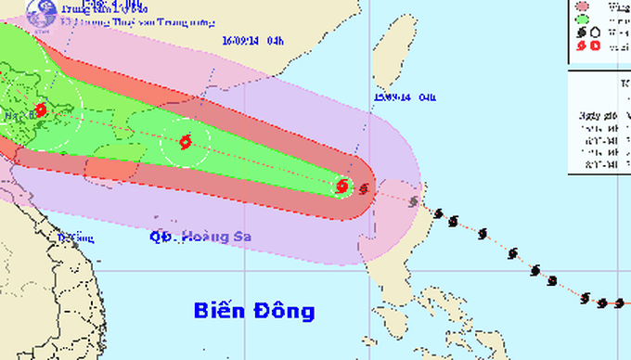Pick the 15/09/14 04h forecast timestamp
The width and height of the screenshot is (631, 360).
(397, 96)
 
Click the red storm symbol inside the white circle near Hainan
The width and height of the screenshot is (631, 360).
(185, 143)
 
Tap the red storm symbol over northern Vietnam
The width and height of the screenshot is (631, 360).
(42, 109)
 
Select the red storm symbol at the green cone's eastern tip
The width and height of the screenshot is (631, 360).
(343, 186)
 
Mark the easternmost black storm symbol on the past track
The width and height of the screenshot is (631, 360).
(619, 302)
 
